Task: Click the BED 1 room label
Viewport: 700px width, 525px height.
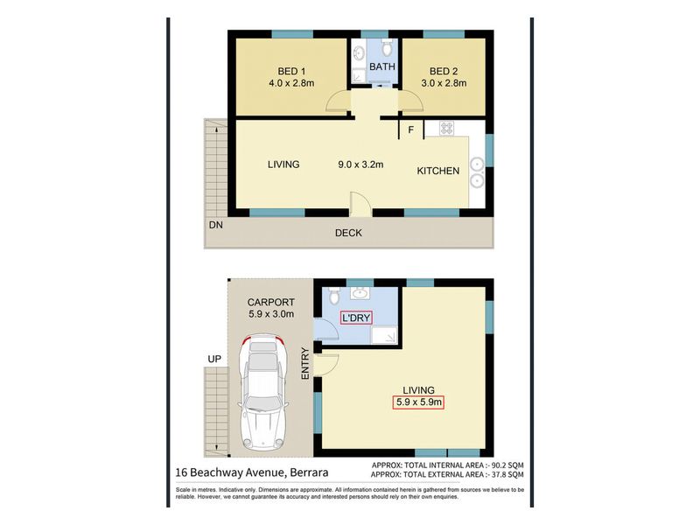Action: coord(291,71)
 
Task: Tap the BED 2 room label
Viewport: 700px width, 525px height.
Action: coord(444,71)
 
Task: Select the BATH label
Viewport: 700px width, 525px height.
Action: coord(382,66)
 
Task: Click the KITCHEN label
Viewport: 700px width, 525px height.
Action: coord(438,171)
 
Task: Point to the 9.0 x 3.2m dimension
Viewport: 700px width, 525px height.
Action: coord(360,164)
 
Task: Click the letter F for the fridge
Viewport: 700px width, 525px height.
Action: coord(410,129)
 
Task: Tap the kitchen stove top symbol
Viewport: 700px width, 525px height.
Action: coord(446,128)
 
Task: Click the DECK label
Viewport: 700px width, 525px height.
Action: coord(348,233)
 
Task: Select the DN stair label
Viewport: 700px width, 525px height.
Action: coord(215,225)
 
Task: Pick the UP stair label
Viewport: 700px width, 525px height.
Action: coord(214,359)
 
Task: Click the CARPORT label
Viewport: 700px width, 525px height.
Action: coord(271,302)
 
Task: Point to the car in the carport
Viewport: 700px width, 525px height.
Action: coord(263,392)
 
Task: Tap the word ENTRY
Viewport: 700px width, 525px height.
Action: coord(305,363)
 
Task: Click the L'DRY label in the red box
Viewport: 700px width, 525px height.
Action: coord(356,318)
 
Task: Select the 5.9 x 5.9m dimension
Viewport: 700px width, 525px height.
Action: coord(419,402)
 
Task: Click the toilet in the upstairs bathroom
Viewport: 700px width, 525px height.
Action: coord(387,48)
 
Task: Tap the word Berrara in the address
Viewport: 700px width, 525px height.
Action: coord(309,472)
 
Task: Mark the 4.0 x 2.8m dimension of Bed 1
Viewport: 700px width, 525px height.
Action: coord(291,83)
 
